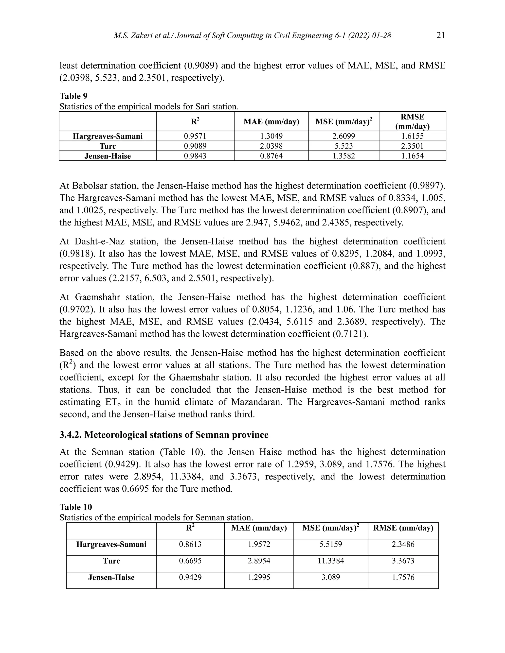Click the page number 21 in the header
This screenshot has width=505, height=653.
[x=440, y=35]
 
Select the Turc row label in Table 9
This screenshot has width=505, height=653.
[x=108, y=146]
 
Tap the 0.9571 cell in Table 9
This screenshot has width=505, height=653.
[x=195, y=136]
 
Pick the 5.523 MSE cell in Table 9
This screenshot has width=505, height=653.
[x=344, y=146]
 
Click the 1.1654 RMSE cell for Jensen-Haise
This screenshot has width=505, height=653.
[x=412, y=156]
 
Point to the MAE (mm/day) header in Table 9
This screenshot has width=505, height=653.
[x=271, y=122]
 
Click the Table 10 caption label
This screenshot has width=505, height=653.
[x=76, y=507]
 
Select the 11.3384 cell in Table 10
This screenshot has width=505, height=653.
[x=331, y=561]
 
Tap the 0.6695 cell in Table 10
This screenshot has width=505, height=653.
[x=190, y=561]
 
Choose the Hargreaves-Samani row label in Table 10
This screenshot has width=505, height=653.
[x=111, y=544]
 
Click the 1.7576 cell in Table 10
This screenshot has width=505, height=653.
[x=403, y=577]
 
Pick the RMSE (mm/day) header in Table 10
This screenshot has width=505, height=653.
[x=403, y=528]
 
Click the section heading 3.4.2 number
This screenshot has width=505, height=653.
[x=70, y=435]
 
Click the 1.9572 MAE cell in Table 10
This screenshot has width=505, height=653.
[x=259, y=544]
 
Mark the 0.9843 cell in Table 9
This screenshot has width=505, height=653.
[x=195, y=156]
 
